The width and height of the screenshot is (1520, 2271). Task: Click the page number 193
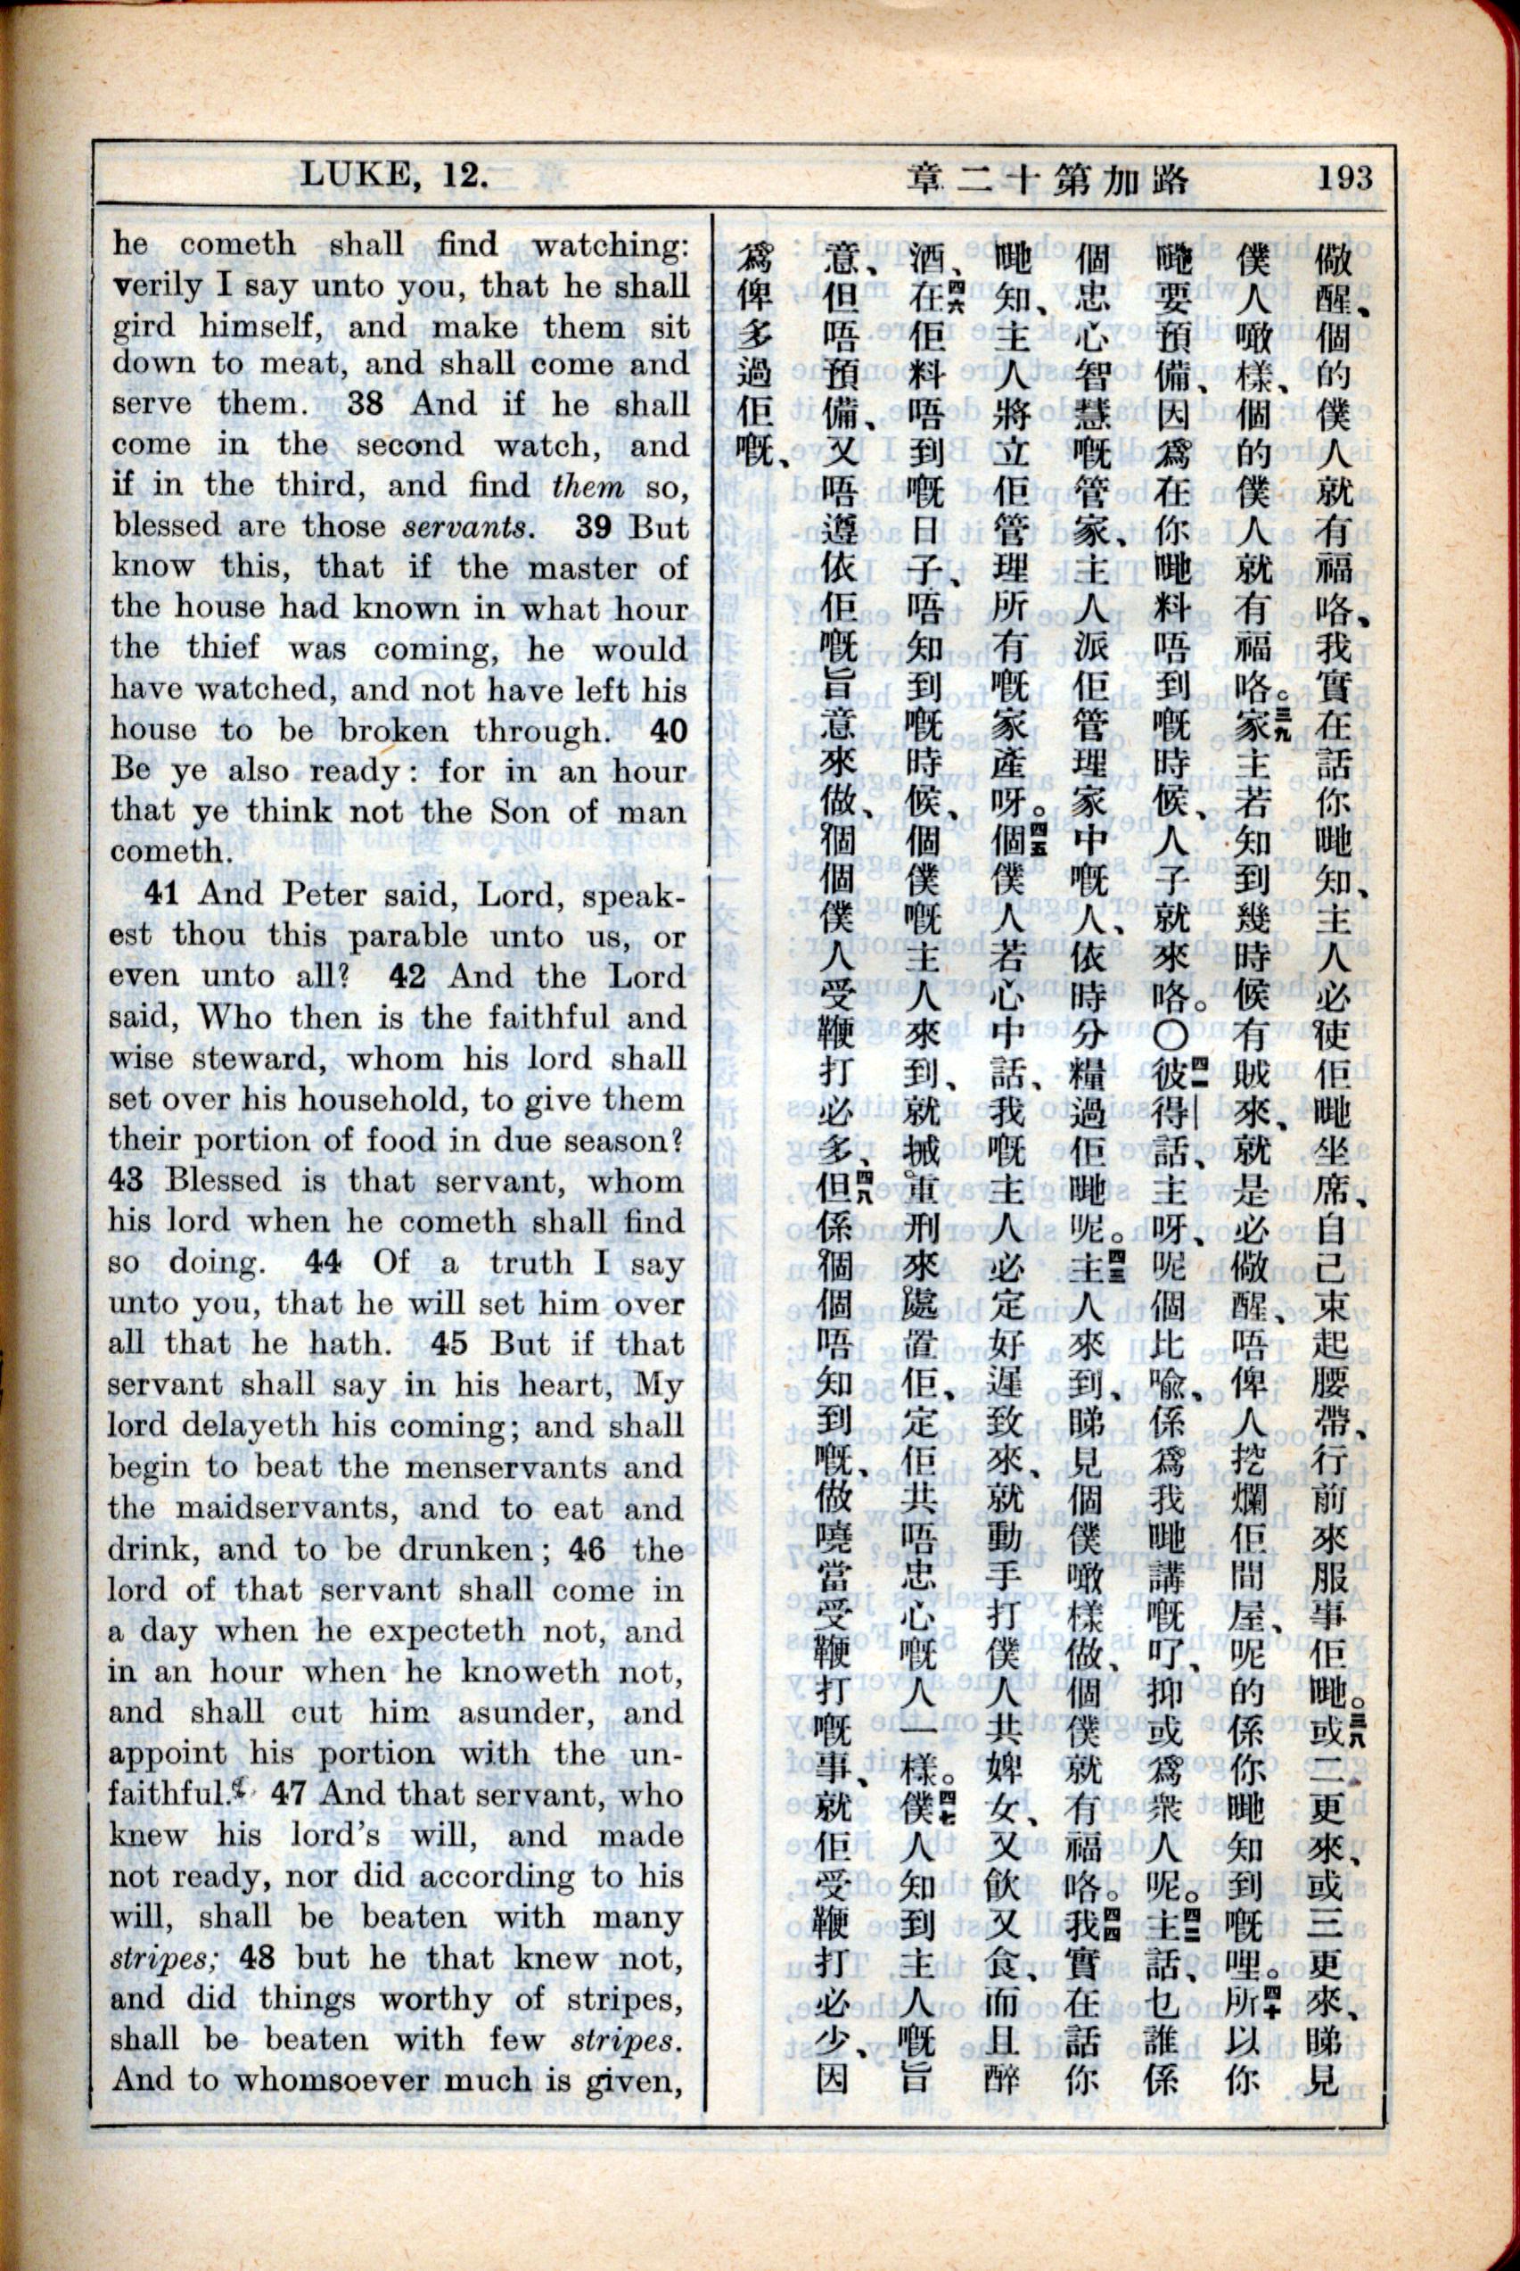click(x=1343, y=178)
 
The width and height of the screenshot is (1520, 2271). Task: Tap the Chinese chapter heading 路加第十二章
click(x=1047, y=178)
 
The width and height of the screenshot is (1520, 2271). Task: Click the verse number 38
click(x=366, y=403)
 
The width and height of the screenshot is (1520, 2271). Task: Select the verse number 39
click(x=591, y=526)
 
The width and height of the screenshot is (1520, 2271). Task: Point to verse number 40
click(x=668, y=731)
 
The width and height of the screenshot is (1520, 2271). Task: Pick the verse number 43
click(x=126, y=1180)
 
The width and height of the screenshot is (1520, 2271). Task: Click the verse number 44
click(x=322, y=1261)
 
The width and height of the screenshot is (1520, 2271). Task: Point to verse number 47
click(x=289, y=1793)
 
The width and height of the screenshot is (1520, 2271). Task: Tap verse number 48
click(x=258, y=1957)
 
